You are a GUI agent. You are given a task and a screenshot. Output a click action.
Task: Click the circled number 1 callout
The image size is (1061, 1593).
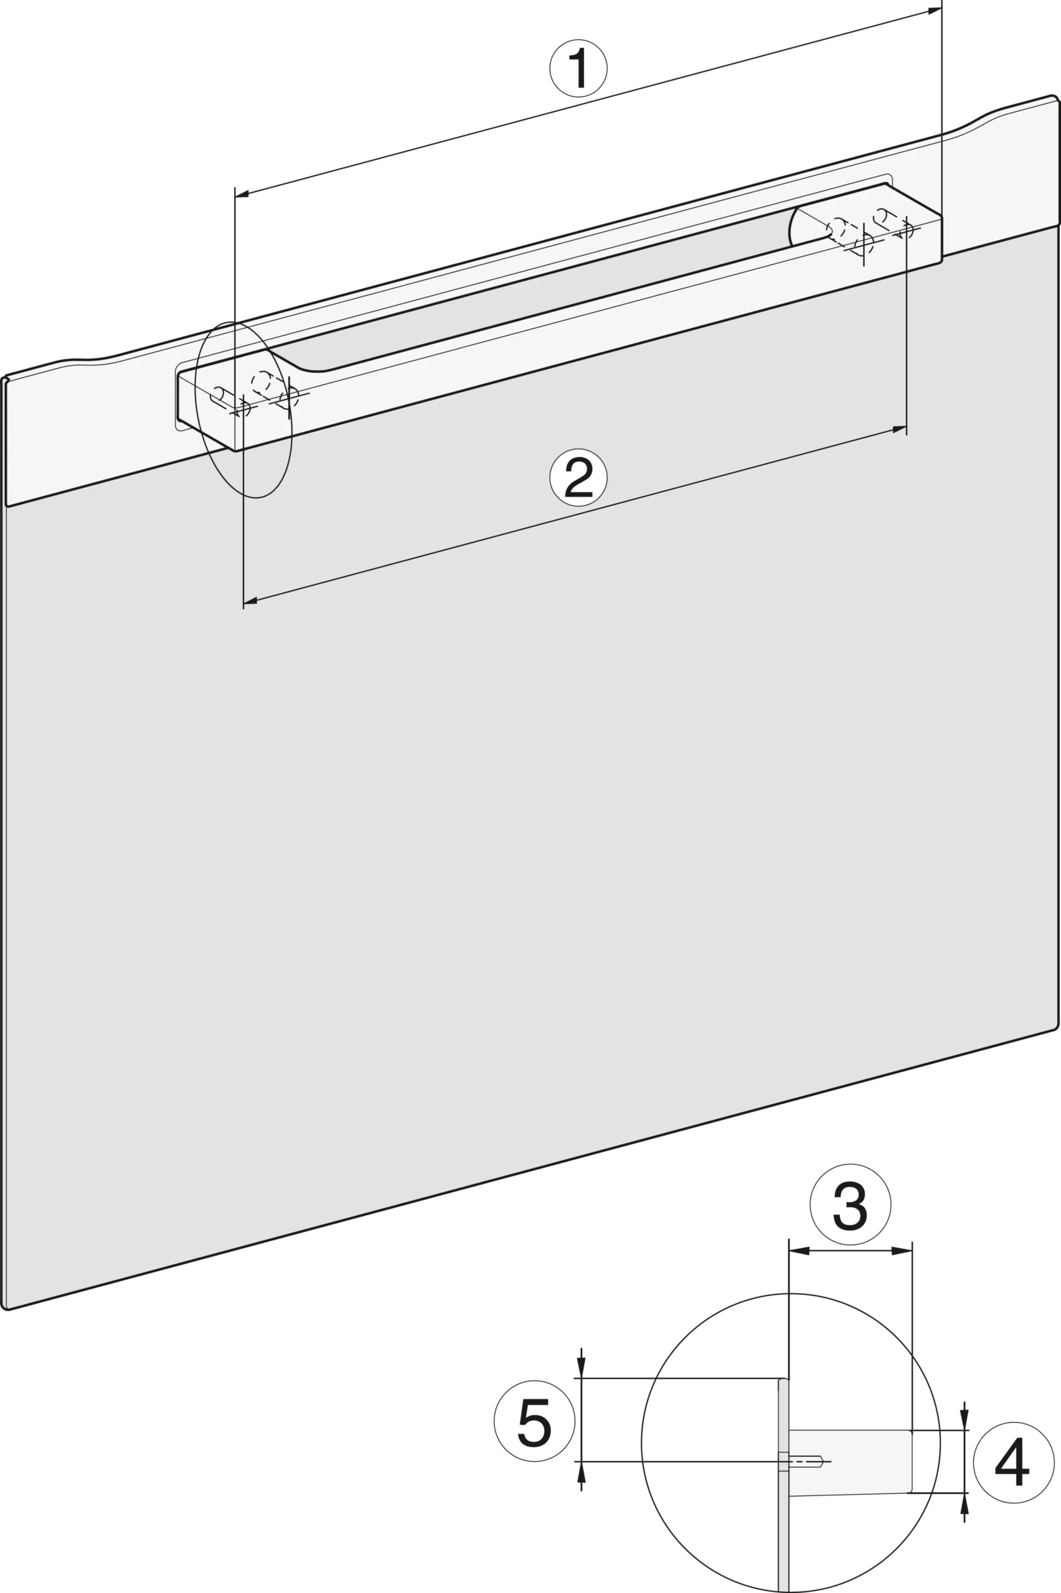(578, 68)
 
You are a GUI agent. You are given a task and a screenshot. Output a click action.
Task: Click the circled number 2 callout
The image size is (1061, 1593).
(578, 477)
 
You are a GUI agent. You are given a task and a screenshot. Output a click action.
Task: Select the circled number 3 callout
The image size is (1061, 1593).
(850, 1204)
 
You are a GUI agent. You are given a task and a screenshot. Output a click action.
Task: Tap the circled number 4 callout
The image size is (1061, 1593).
(1013, 1462)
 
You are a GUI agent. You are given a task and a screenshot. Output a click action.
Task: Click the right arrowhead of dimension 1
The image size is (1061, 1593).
(935, 11)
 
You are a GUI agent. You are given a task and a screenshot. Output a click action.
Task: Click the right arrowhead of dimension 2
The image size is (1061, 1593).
(899, 429)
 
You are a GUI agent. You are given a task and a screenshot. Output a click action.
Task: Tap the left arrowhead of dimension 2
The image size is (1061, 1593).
(250, 600)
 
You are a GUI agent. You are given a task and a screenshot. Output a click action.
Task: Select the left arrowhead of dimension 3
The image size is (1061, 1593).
(799, 1251)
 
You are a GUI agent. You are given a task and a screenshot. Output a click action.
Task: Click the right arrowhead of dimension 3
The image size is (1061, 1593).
(902, 1251)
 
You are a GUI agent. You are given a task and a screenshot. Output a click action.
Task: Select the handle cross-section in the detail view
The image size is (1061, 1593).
(850, 1462)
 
